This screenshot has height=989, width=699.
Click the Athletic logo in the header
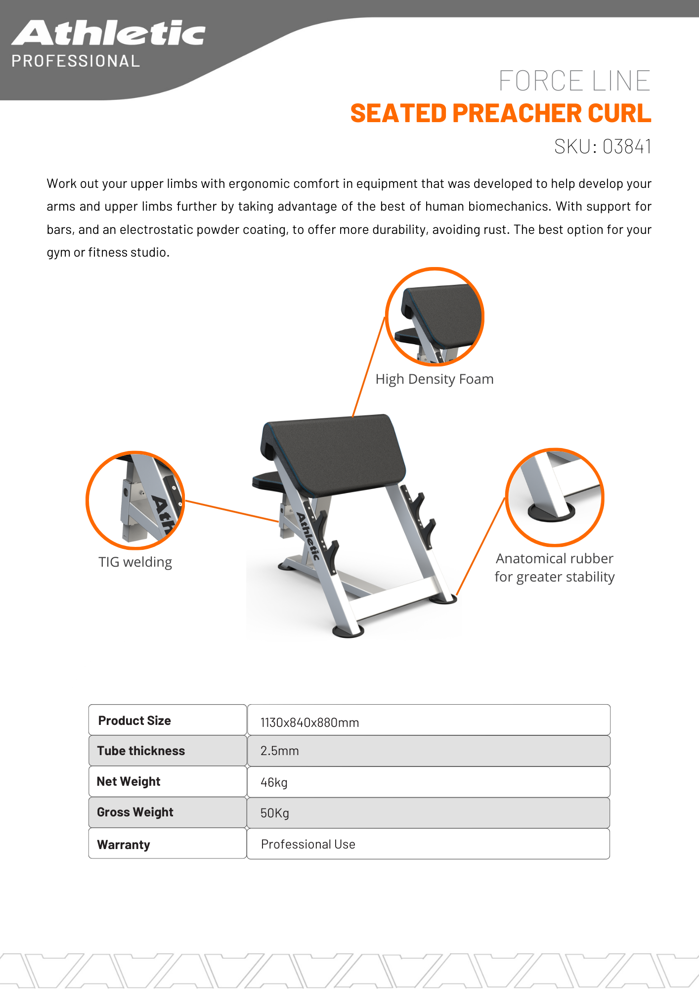pyautogui.click(x=108, y=33)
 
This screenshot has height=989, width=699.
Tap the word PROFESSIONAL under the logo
pyautogui.click(x=76, y=61)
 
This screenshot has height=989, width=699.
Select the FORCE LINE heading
pyautogui.click(x=574, y=81)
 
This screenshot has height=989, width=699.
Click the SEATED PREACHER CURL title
pyautogui.click(x=500, y=113)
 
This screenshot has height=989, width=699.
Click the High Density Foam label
pyautogui.click(x=434, y=379)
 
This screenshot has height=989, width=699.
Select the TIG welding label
pyautogui.click(x=135, y=562)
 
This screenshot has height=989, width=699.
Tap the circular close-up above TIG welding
pyautogui.click(x=135, y=500)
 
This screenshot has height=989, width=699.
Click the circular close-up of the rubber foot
pyautogui.click(x=554, y=497)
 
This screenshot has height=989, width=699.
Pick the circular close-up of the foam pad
pyautogui.click(x=435, y=316)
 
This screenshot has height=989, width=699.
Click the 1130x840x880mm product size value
pyautogui.click(x=309, y=722)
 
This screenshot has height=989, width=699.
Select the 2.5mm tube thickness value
pyautogui.click(x=279, y=751)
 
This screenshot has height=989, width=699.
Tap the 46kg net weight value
pyautogui.click(x=274, y=782)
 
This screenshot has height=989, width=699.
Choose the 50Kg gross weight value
pyautogui.click(x=274, y=813)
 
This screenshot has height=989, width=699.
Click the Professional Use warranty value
pyautogui.click(x=308, y=844)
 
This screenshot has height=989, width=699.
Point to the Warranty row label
pyautogui.click(x=124, y=845)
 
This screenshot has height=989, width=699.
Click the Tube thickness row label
pyautogui.click(x=141, y=751)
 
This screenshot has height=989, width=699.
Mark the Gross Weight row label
pyautogui.click(x=135, y=812)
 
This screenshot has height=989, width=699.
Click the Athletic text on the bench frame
pyautogui.click(x=307, y=537)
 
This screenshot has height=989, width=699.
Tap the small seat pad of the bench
pyautogui.click(x=267, y=480)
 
